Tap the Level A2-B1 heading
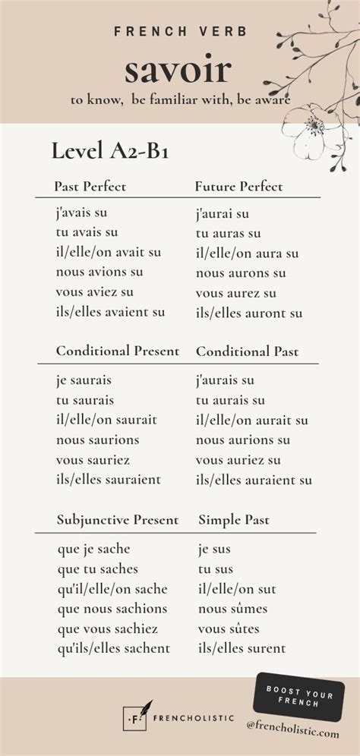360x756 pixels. (109, 151)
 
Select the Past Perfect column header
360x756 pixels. (90, 186)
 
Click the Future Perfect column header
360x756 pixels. (238, 186)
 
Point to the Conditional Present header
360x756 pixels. (118, 351)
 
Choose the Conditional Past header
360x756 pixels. (247, 351)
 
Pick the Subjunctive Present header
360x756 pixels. (118, 520)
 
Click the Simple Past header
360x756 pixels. (234, 520)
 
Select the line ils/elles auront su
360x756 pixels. (249, 313)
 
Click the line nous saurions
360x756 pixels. (97, 439)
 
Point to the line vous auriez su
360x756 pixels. (238, 460)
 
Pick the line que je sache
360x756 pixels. (93, 549)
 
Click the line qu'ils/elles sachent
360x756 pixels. (113, 648)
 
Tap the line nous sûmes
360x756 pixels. (232, 609)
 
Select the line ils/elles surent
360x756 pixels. (242, 648)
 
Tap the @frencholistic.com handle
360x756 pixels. (292, 731)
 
